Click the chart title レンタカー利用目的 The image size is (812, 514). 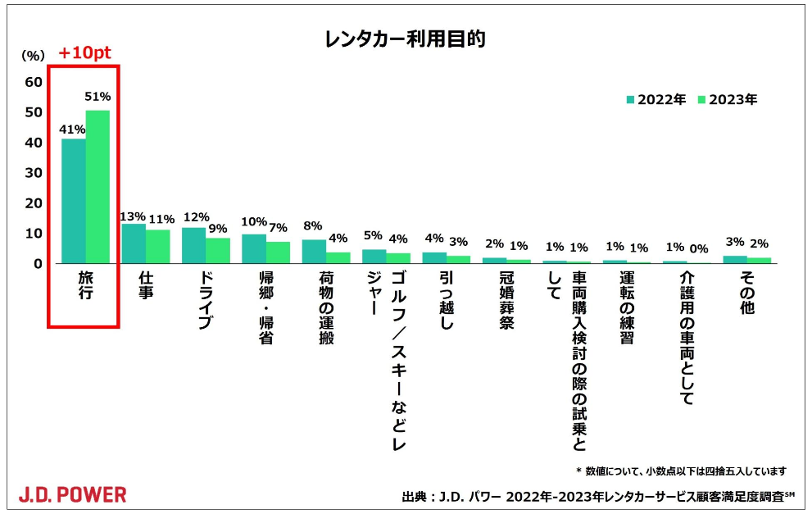(405, 39)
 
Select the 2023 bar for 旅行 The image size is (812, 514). (98, 187)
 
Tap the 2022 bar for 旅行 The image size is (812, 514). (74, 201)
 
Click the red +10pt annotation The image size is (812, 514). (84, 52)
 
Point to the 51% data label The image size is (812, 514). (98, 97)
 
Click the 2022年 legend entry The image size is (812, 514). (656, 99)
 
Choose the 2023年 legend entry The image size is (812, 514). (728, 99)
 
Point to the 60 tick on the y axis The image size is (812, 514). (34, 82)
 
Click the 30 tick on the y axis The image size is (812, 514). (34, 172)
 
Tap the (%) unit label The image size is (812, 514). (33, 56)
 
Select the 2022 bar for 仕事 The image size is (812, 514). (134, 243)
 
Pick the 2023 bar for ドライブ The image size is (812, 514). (218, 251)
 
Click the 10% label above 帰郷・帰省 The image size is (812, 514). (254, 222)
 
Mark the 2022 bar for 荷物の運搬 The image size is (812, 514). (314, 252)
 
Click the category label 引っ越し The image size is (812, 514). (447, 300)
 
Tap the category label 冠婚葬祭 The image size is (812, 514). (506, 300)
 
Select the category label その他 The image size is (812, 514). (746, 293)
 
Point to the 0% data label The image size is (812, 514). (699, 248)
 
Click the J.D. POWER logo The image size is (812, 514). (72, 494)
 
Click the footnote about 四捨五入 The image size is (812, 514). (681, 471)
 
